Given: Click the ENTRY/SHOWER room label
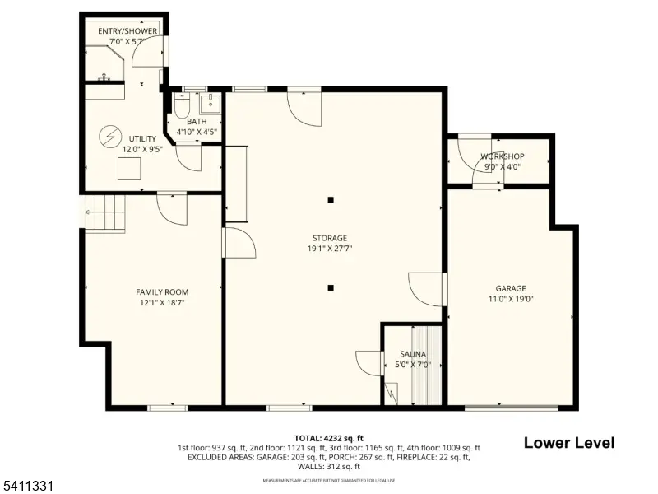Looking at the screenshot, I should click(x=127, y=31).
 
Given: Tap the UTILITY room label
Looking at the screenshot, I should click(x=142, y=138).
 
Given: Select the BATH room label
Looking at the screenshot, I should click(x=197, y=121).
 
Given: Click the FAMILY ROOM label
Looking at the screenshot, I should click(x=162, y=291).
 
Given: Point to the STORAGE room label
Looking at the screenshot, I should click(x=329, y=237).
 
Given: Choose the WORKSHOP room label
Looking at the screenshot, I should click(x=502, y=156).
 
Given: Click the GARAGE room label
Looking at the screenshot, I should click(x=511, y=288).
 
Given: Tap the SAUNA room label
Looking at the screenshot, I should click(x=414, y=354).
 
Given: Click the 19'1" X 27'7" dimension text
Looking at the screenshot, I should click(x=329, y=248).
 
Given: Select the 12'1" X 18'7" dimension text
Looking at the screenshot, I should click(x=162, y=302).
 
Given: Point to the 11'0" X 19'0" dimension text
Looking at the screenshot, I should click(x=511, y=299).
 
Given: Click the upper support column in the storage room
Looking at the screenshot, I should click(x=331, y=199).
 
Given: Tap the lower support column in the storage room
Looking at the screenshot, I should click(x=331, y=287).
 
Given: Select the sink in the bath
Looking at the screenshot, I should click(x=212, y=103).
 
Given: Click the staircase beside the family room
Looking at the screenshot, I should click(x=105, y=214).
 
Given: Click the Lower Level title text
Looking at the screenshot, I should click(x=569, y=443).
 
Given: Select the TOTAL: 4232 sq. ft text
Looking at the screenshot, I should click(x=329, y=438).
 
